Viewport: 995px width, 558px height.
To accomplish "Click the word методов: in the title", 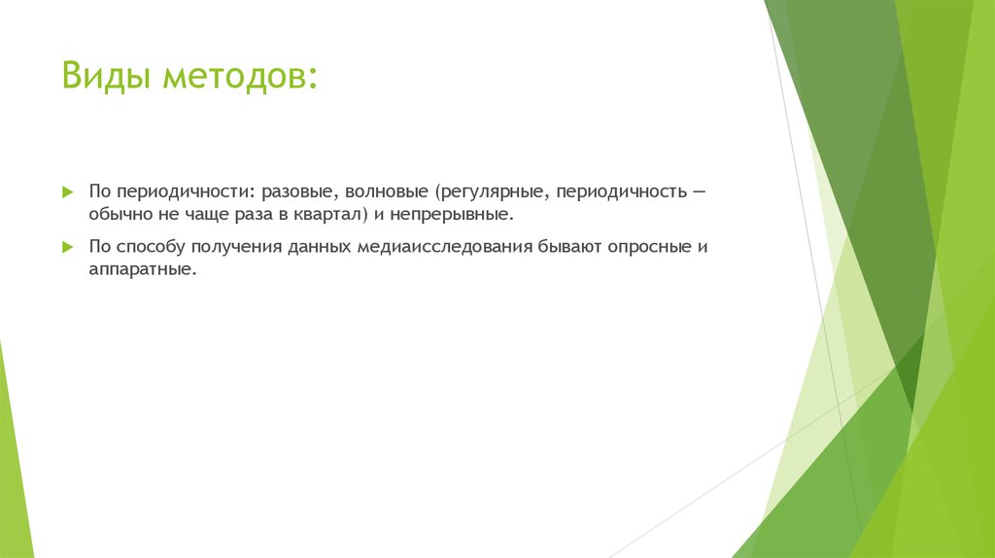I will [x=239, y=76].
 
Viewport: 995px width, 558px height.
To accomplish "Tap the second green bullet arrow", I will [x=67, y=247].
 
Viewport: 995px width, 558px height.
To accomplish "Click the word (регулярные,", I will [x=489, y=192].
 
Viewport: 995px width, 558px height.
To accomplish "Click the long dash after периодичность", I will [x=699, y=192].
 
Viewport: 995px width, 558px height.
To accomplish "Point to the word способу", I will [x=148, y=246].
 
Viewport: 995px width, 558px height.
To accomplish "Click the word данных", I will [x=318, y=246].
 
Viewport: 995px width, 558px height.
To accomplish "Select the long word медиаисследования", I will [x=443, y=246].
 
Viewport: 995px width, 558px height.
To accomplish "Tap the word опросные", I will [x=649, y=246].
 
